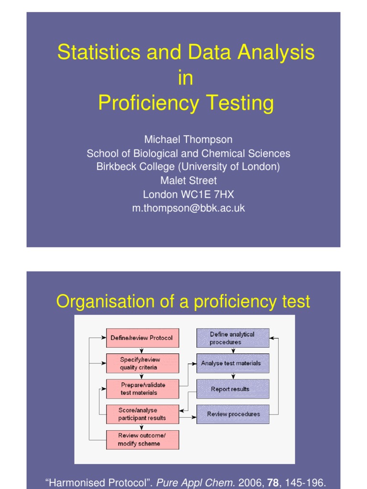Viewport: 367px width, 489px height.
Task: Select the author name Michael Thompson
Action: (188, 140)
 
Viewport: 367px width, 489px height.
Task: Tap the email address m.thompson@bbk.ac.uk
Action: (188, 208)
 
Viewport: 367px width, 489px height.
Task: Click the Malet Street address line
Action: (188, 181)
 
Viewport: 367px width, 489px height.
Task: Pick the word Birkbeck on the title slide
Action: (116, 167)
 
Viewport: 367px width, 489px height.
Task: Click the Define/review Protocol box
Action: (142, 338)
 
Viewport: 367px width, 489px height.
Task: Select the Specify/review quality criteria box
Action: (142, 363)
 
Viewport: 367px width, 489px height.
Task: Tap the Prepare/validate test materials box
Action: (142, 389)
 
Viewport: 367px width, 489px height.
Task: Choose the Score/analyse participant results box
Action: (142, 414)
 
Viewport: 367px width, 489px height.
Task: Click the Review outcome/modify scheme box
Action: (142, 439)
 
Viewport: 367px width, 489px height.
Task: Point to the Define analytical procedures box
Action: (233, 338)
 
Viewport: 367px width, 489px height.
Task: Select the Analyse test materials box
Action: (233, 363)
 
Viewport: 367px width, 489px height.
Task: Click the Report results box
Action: (233, 389)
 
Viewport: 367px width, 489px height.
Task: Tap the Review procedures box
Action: (233, 414)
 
